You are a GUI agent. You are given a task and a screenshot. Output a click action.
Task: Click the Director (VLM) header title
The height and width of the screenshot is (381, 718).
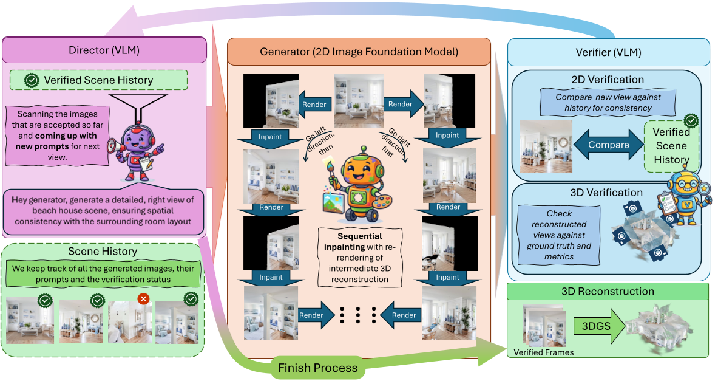click(105, 50)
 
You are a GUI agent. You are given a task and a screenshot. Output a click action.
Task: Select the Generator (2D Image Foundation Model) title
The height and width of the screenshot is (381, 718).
click(358, 52)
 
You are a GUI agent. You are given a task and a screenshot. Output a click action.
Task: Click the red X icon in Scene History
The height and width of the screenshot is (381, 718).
click(143, 299)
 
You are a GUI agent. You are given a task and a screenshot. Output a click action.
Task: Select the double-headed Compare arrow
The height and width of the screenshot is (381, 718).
click(608, 145)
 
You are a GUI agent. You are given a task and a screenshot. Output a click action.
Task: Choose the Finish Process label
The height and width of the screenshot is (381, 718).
click(317, 368)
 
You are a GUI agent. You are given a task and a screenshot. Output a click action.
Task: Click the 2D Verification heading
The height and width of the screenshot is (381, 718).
click(608, 80)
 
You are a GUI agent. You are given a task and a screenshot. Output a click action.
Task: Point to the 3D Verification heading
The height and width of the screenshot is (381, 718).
click(607, 193)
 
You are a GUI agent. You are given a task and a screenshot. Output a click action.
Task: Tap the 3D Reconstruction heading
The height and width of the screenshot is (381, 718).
click(608, 292)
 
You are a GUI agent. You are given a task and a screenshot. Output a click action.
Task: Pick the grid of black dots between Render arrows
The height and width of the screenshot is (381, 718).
click(358, 314)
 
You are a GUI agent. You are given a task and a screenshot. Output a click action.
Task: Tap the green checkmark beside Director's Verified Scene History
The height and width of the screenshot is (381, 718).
click(31, 80)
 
